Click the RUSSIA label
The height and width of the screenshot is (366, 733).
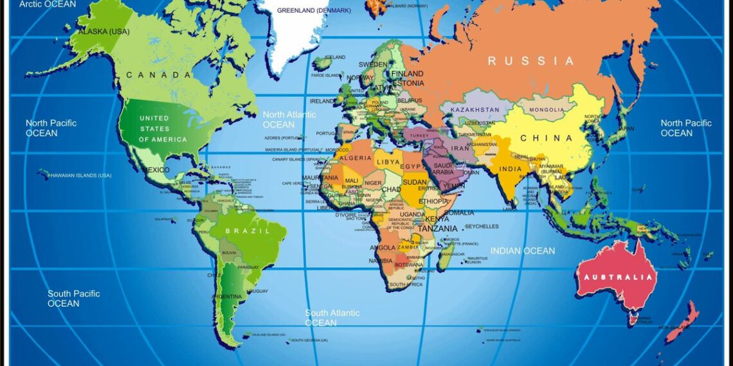(x=530, y=61)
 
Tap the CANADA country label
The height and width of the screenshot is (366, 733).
(x=159, y=75)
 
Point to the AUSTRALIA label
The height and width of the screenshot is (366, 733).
(x=618, y=277)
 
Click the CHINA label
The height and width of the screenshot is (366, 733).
(x=546, y=138)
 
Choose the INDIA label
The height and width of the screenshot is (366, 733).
(x=511, y=170)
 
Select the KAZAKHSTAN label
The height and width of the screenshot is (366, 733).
(x=475, y=110)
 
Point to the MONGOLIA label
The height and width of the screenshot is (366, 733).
(x=546, y=110)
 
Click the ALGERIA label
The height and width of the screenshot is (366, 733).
(x=355, y=158)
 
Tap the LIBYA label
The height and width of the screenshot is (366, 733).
(x=388, y=161)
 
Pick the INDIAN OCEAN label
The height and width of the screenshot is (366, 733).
(x=522, y=251)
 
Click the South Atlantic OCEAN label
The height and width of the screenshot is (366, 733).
(x=332, y=318)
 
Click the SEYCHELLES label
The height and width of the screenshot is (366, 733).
(x=482, y=227)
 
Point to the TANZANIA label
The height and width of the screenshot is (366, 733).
(x=438, y=229)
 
